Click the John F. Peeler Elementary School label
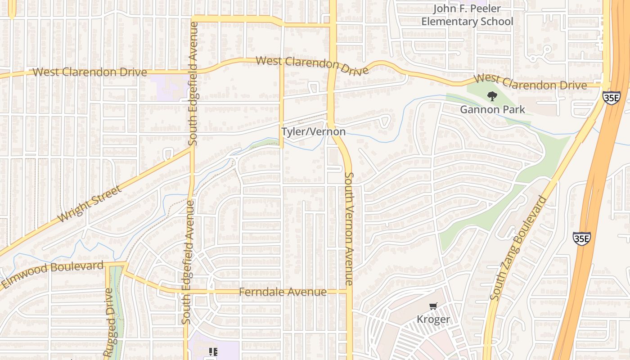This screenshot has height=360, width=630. [467, 15]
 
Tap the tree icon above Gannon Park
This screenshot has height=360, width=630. [492, 96]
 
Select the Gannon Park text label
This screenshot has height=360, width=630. [492, 109]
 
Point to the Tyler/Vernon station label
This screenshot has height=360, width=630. [314, 131]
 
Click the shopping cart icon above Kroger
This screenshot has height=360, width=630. [433, 306]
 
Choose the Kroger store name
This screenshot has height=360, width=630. [433, 319]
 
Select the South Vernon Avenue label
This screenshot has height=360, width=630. [349, 228]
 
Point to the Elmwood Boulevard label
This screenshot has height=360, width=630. [53, 274]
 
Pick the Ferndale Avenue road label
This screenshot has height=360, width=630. [283, 292]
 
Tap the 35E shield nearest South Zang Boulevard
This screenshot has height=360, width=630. [581, 238]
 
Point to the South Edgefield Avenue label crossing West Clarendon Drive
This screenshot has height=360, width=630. [193, 84]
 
